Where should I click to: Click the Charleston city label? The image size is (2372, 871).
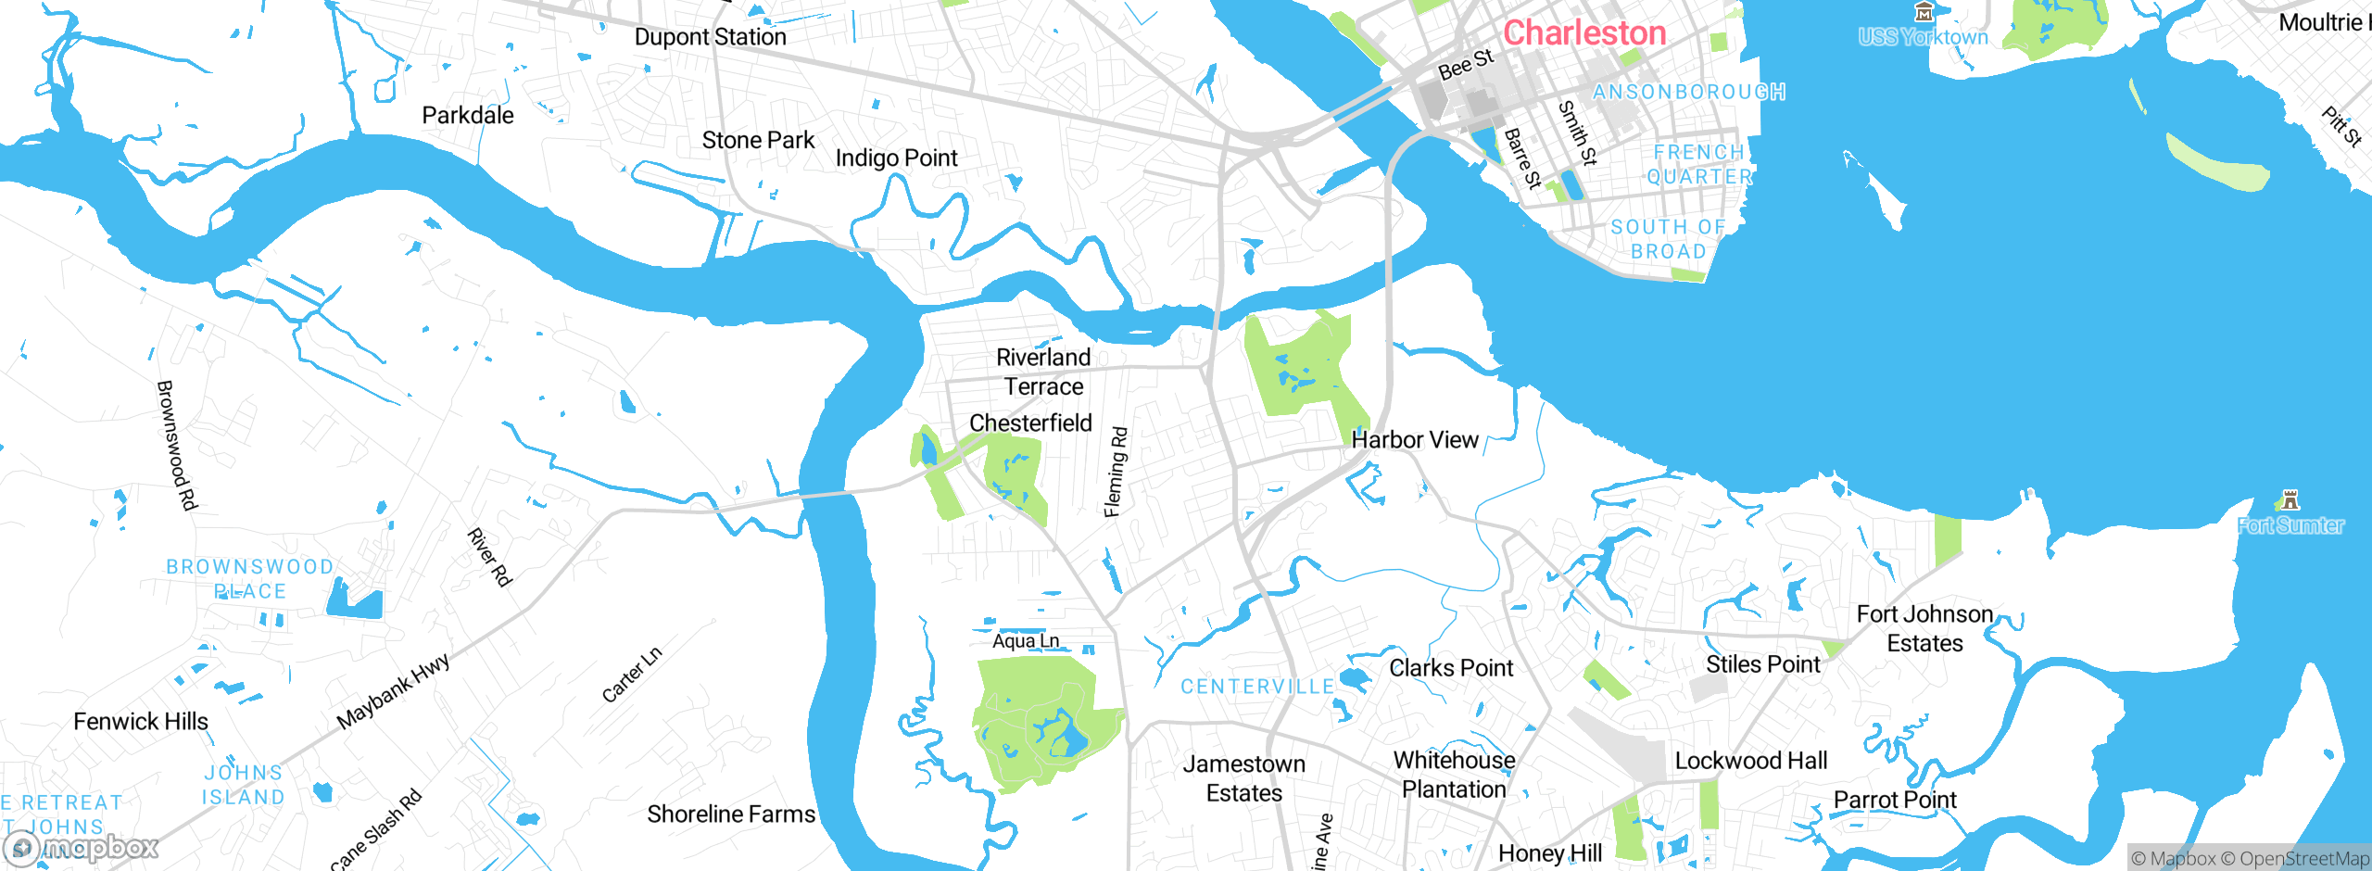[x=1583, y=33]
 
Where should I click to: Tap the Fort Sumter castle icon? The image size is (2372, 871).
[x=2290, y=500]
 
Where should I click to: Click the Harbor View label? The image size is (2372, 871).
[x=1415, y=440]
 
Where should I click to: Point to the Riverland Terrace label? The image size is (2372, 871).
[x=1043, y=372]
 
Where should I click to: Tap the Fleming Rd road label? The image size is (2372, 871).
[x=1116, y=472]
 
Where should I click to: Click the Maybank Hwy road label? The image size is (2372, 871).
[x=393, y=690]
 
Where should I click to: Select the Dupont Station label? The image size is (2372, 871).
[x=710, y=37]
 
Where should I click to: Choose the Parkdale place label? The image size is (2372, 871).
[x=468, y=116]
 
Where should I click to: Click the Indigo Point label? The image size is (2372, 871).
[x=896, y=158]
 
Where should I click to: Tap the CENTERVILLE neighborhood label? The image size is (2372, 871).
[x=1257, y=687]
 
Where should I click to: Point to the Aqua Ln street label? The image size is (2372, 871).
[x=1026, y=641]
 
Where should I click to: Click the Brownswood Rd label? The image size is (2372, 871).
[x=177, y=445]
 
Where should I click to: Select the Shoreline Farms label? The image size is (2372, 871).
[x=731, y=814]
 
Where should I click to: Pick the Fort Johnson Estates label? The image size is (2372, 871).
[x=1924, y=628]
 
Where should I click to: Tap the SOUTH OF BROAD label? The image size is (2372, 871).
[x=1668, y=239]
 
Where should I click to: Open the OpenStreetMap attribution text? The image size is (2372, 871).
[x=2303, y=859]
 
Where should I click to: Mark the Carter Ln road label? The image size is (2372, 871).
[x=632, y=675]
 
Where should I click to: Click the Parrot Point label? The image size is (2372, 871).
[x=1895, y=800]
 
